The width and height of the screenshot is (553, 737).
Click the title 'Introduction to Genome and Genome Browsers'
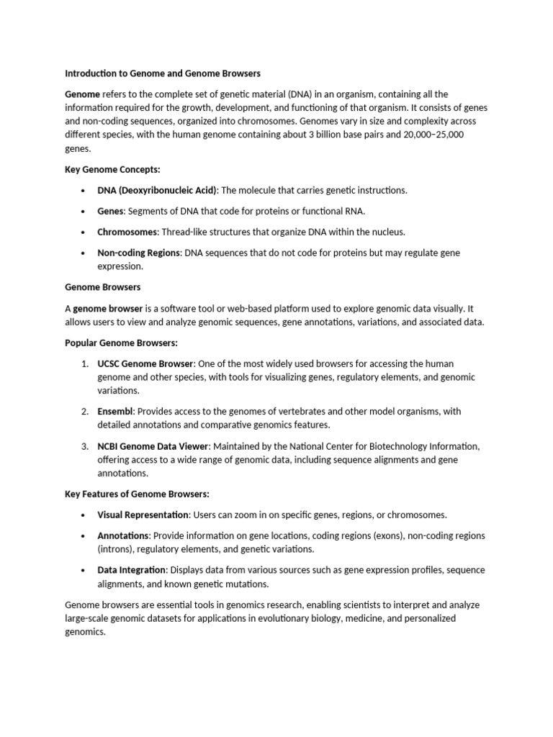point(163,73)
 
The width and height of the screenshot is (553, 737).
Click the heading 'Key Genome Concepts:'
point(112,170)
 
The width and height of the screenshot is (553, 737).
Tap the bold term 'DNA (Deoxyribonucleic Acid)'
point(157,191)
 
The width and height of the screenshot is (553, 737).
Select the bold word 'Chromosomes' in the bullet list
point(127,232)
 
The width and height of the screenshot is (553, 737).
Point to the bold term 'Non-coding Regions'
point(139,253)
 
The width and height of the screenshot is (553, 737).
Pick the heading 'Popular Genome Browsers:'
point(121,343)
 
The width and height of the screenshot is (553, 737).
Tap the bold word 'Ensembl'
point(115,412)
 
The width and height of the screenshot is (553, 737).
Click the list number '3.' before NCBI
point(85,446)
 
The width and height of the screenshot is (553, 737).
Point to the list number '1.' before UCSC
point(85,363)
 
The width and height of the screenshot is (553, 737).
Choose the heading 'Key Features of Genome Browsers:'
point(137,494)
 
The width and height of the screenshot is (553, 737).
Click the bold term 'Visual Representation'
point(143,515)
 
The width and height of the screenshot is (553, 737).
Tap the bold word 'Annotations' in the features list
point(123,535)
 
